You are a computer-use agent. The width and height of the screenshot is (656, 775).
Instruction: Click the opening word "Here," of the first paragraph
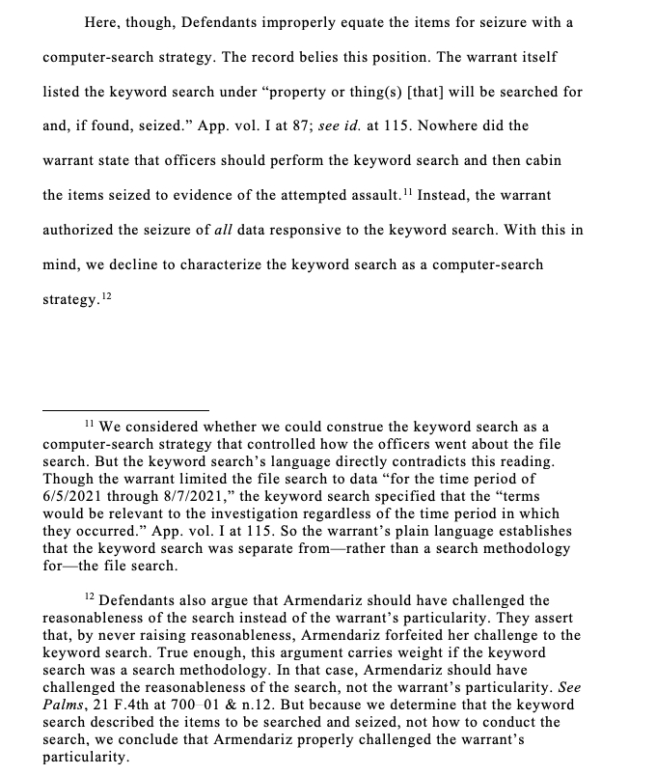coord(103,21)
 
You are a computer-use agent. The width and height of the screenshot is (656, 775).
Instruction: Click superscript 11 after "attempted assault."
coord(407,191)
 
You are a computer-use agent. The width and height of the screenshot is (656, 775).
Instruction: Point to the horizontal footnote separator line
coord(125,410)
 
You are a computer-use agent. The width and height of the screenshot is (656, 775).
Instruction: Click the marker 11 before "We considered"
coord(88,424)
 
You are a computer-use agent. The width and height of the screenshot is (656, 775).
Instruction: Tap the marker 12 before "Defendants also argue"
coord(88,598)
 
